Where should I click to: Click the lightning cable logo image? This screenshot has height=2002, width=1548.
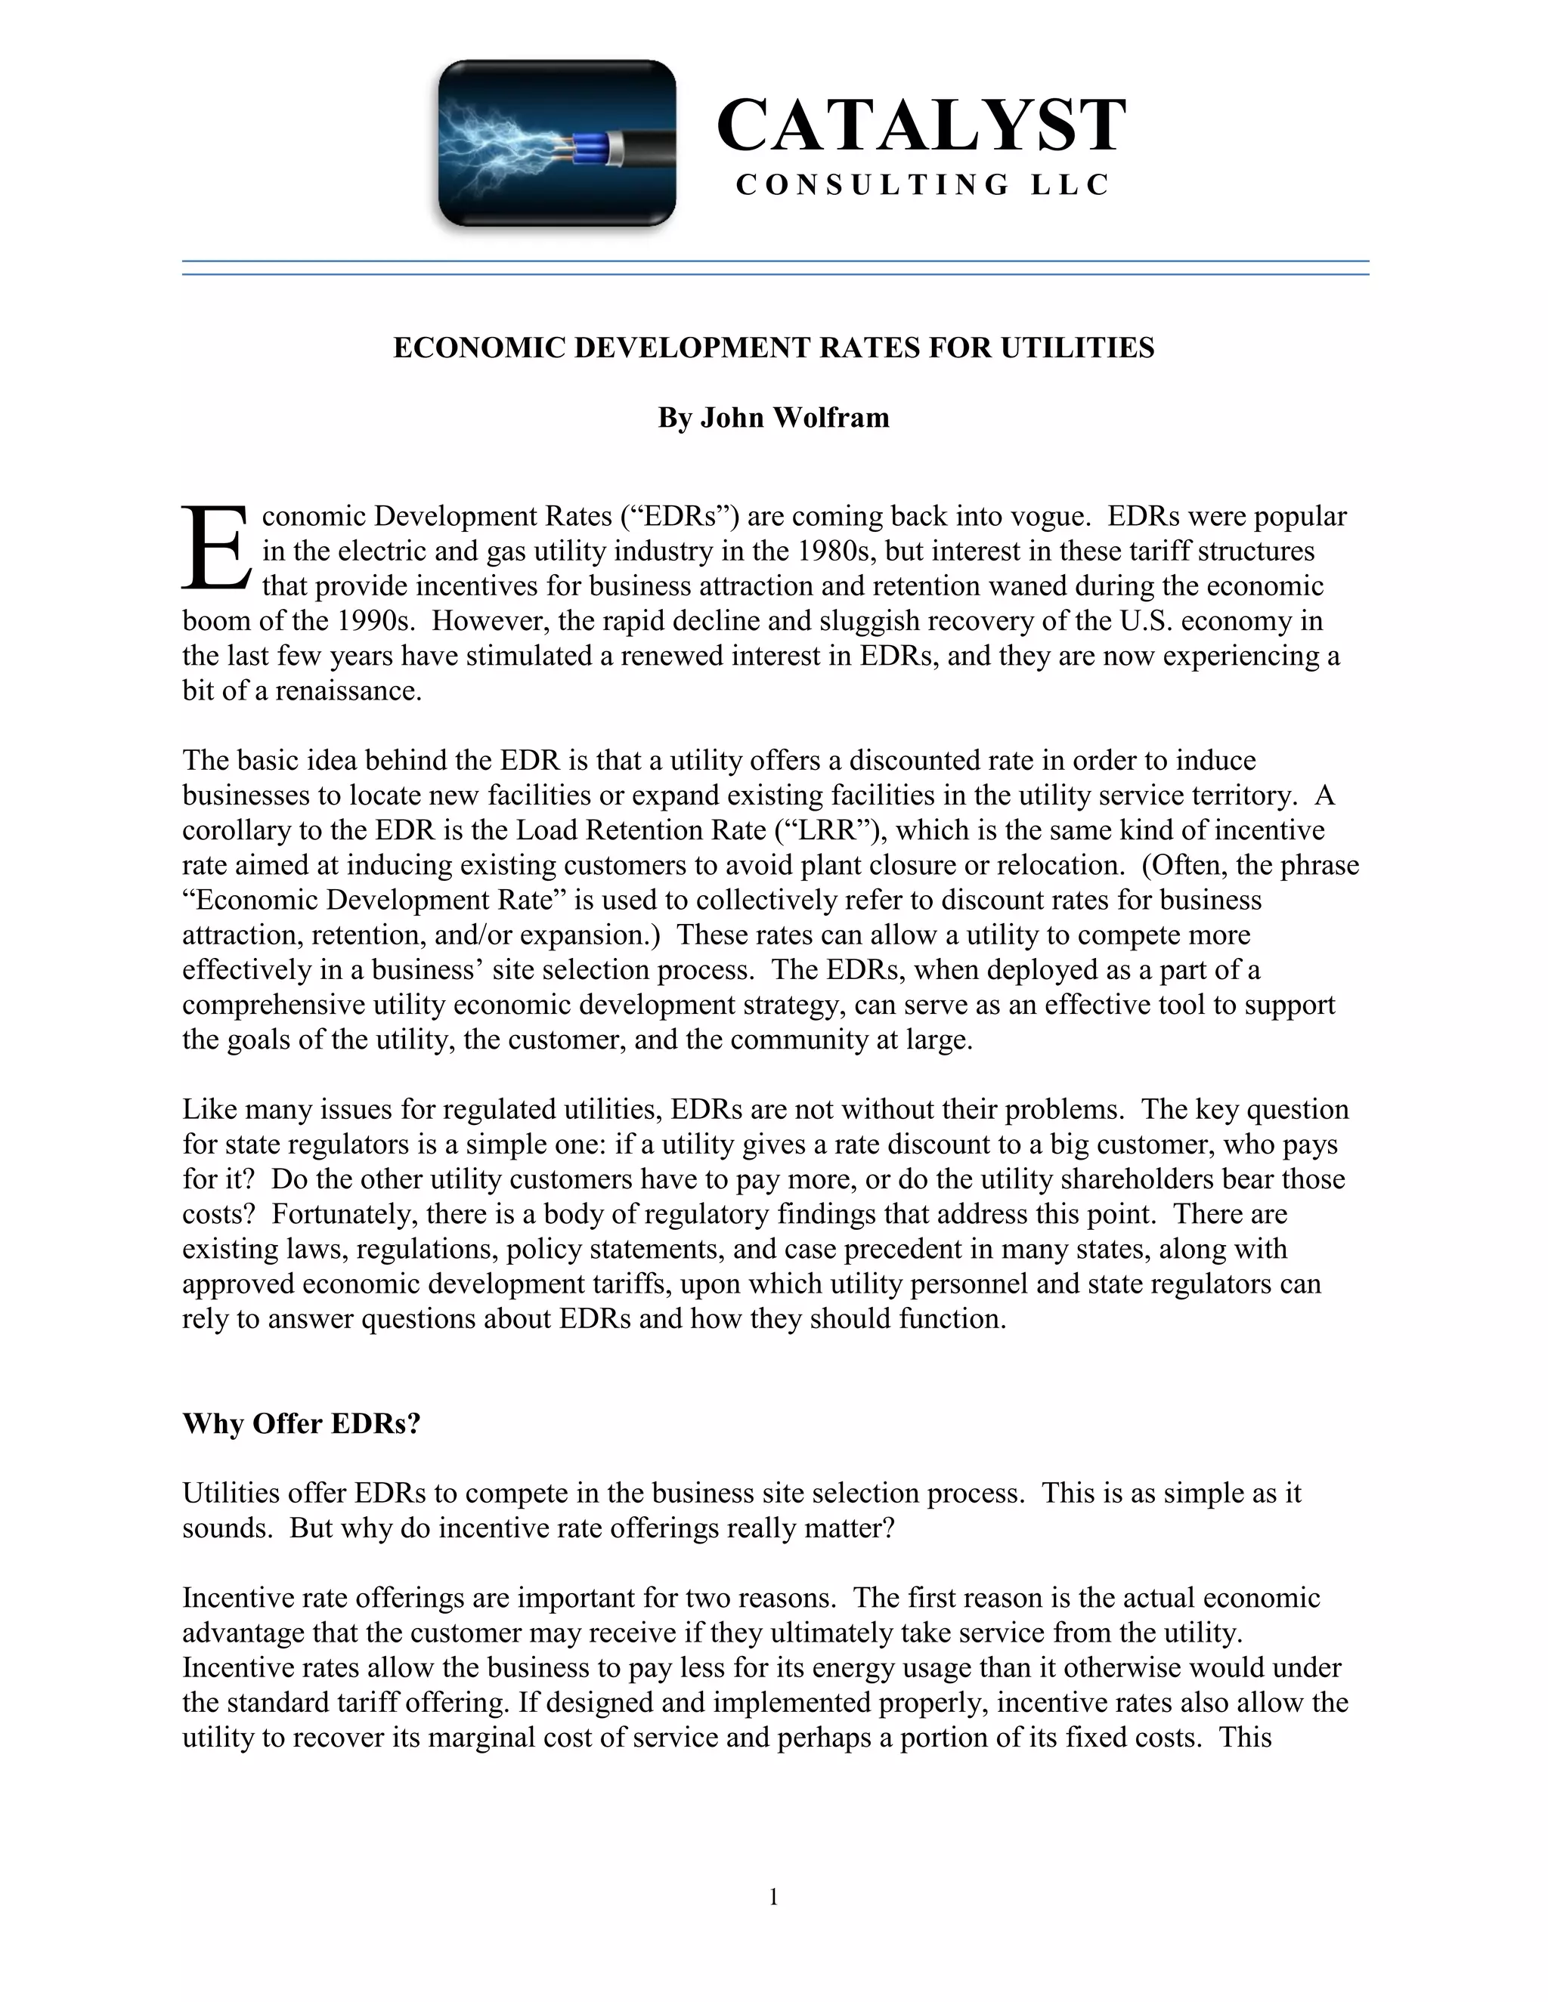click(556, 144)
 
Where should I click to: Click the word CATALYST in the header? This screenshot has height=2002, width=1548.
click(921, 125)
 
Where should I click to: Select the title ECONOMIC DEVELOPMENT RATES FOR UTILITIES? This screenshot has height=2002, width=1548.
click(773, 348)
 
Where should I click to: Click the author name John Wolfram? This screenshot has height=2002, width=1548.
click(794, 418)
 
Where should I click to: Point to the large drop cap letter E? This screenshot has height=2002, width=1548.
click(215, 548)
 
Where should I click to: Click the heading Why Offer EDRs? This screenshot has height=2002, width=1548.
click(301, 1423)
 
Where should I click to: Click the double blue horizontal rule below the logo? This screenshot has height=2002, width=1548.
click(775, 267)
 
